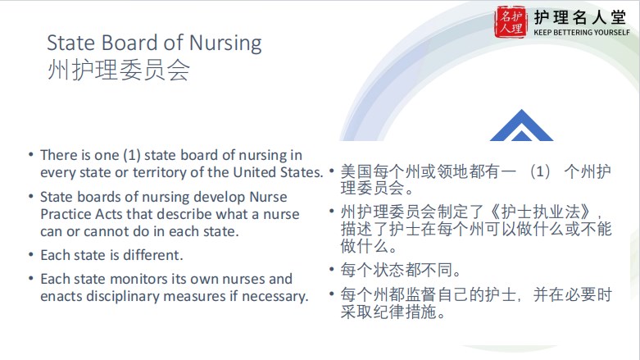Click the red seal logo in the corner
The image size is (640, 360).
(x=511, y=22)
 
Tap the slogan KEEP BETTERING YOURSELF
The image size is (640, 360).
(x=582, y=32)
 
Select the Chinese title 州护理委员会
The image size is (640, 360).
(x=118, y=70)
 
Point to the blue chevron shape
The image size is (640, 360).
(x=521, y=125)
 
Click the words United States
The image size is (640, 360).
(x=278, y=172)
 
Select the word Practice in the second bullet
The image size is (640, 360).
(x=66, y=214)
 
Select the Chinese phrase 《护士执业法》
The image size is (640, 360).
(x=542, y=212)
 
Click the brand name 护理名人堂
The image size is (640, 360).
(x=579, y=17)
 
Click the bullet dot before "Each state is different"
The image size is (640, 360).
(x=31, y=255)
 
